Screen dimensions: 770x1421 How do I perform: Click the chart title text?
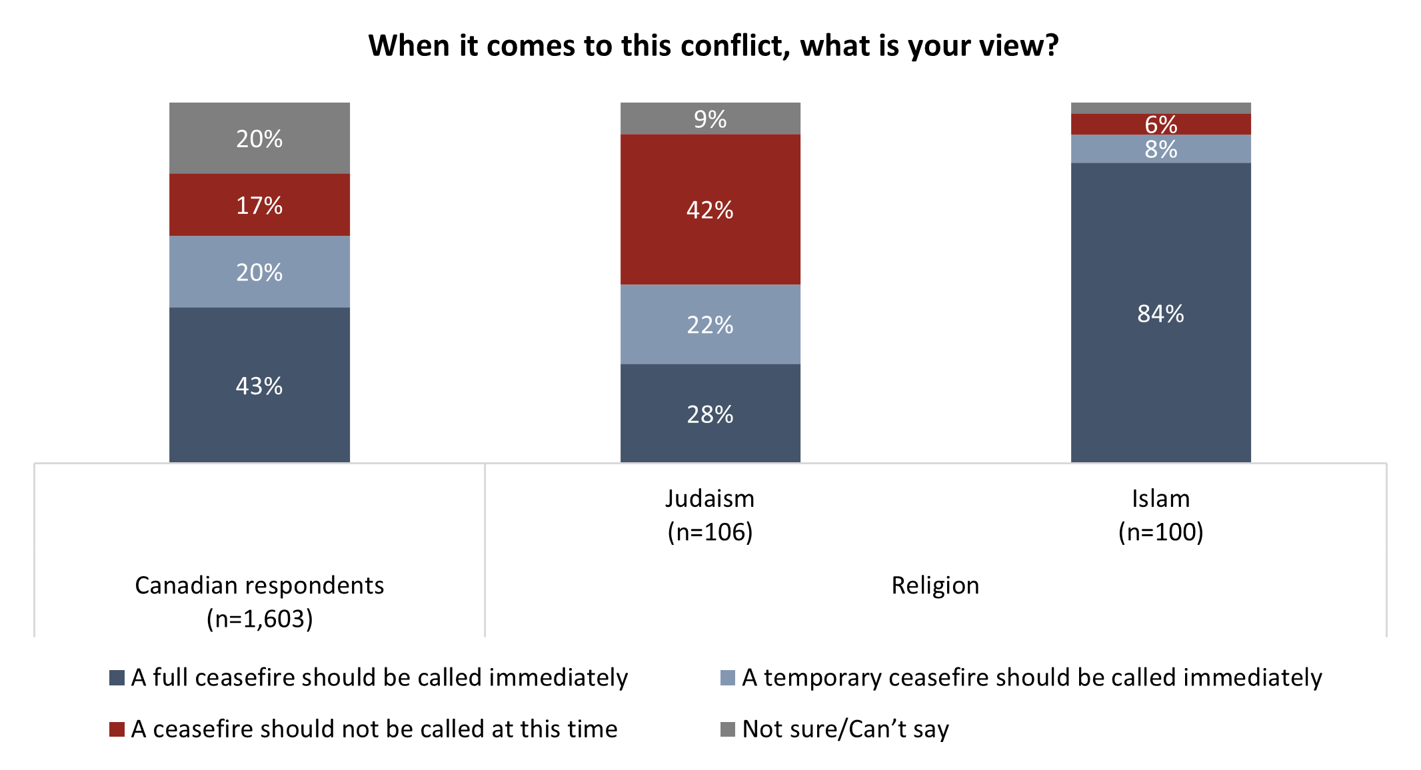coord(713,46)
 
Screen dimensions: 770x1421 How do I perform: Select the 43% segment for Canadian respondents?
coord(259,385)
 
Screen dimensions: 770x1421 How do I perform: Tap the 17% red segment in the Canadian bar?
coord(259,205)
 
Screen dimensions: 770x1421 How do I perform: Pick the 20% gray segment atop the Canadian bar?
coord(259,139)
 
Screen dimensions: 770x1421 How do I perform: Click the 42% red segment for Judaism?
coord(710,210)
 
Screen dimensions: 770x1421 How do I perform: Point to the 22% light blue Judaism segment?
coord(710,324)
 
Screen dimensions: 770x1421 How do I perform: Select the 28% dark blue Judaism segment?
coord(710,414)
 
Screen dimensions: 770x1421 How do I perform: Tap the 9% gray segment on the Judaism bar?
coord(710,119)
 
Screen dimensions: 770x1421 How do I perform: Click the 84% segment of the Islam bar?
coord(1160,313)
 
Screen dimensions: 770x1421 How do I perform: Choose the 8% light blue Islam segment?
coord(1160,149)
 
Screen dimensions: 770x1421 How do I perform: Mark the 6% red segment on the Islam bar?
coord(1160,125)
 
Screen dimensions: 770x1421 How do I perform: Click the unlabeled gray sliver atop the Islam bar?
coord(1160,108)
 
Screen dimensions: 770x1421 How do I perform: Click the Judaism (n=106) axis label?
coord(710,515)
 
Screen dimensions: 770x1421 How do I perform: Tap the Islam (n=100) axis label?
coord(1160,515)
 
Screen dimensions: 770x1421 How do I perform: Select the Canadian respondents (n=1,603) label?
coord(259,601)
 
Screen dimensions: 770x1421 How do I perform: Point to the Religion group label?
coord(935,585)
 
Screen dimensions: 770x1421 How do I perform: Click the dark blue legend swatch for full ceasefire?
coord(117,677)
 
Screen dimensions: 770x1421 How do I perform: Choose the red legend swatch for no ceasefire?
coord(117,729)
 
